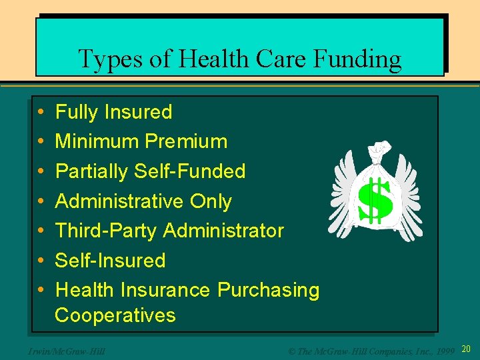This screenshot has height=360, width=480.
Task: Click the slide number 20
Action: [x=466, y=349]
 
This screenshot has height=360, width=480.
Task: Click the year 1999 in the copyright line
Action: [x=443, y=350]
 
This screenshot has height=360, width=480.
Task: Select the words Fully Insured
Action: [x=113, y=112]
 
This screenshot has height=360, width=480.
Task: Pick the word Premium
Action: [x=188, y=141]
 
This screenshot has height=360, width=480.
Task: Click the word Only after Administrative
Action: [x=211, y=201]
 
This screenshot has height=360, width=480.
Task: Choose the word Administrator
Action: [x=224, y=231]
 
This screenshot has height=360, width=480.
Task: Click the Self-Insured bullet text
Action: [x=110, y=260]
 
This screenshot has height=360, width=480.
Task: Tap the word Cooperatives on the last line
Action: [x=115, y=315]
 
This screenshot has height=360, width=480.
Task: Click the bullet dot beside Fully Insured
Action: [x=41, y=112]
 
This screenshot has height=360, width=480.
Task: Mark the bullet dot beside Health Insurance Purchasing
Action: [x=41, y=290]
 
